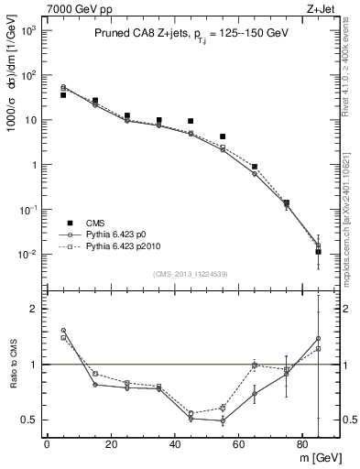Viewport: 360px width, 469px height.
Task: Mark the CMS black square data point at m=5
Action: click(x=63, y=94)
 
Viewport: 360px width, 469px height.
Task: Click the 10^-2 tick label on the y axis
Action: click(x=30, y=254)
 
